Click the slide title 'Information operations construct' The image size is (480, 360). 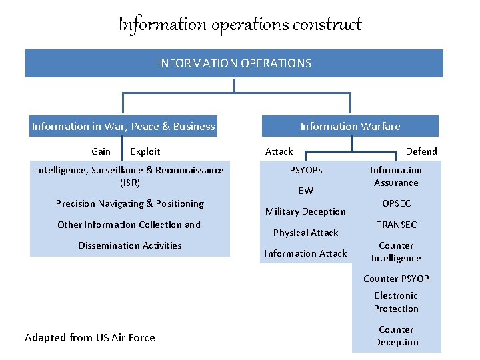tap(240, 25)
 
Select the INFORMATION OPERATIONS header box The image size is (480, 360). tap(234, 63)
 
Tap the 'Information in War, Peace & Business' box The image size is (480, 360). tap(123, 126)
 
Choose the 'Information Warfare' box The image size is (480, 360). tap(350, 126)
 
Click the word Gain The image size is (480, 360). tap(101, 151)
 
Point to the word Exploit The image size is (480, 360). tap(145, 151)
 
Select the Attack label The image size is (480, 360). tap(279, 151)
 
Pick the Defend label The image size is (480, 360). tap(421, 151)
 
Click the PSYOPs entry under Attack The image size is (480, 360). tap(305, 170)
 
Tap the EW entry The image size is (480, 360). tap(305, 191)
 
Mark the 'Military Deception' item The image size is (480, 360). tap(305, 211)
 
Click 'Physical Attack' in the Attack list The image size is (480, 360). tap(305, 233)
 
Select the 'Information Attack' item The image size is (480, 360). tap(305, 253)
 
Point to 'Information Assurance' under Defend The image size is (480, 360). tap(396, 177)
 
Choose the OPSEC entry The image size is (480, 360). tap(396, 203)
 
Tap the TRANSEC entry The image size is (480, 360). tap(396, 225)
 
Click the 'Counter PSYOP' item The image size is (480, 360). tap(396, 279)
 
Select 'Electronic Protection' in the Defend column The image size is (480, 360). tap(396, 302)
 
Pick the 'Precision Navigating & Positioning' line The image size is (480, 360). tap(130, 203)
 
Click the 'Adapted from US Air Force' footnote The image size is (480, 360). tap(90, 337)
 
